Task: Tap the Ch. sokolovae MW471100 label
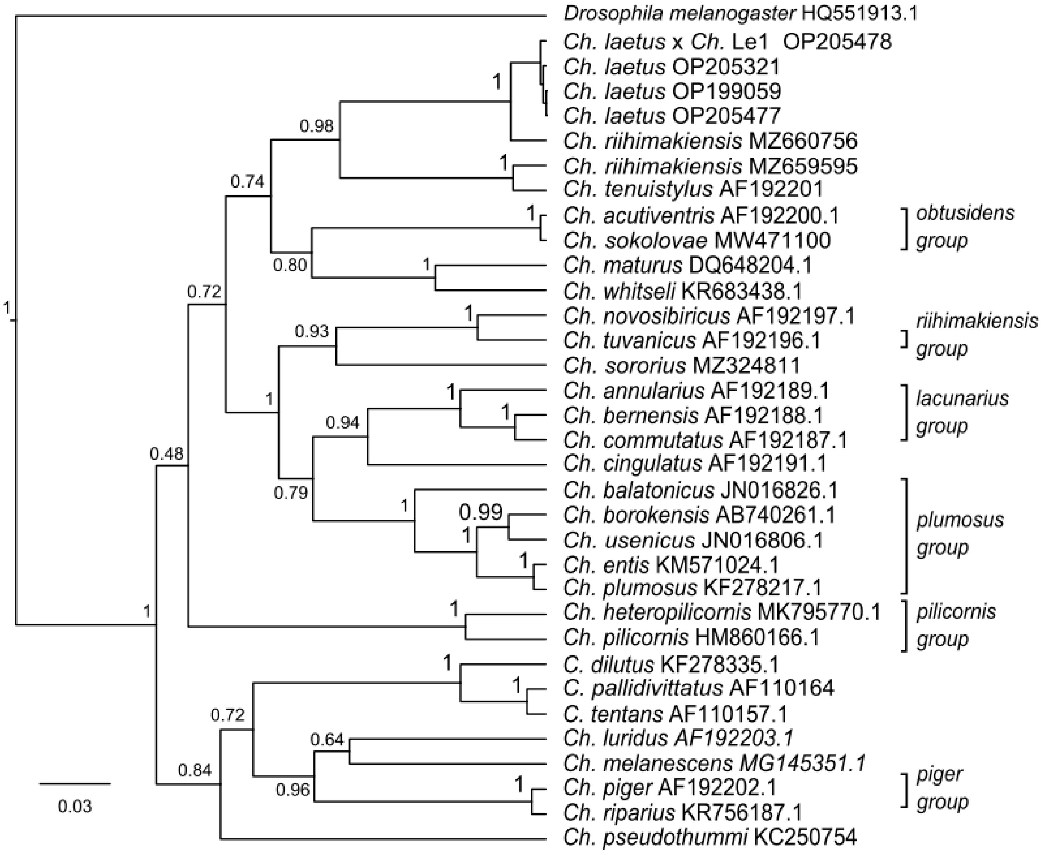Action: coord(697,240)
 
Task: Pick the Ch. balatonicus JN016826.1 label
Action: coord(700,490)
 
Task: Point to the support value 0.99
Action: coord(481,513)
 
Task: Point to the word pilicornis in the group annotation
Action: coord(956,612)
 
